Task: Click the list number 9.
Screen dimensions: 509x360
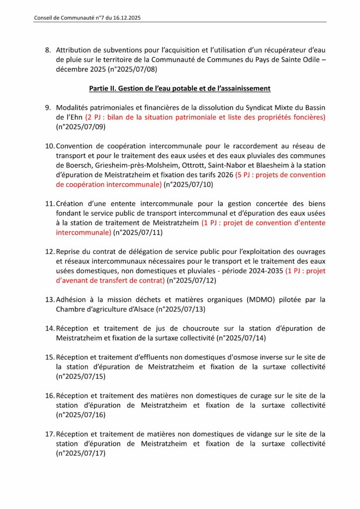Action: tap(48, 108)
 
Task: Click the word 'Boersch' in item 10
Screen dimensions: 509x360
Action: tap(78, 165)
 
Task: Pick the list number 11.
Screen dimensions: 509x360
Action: tap(50, 204)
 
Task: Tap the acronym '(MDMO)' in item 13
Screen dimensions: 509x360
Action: tap(254, 300)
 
